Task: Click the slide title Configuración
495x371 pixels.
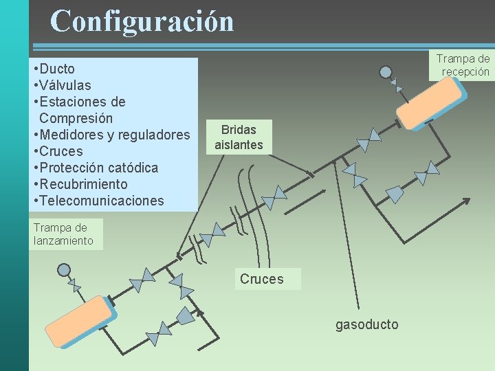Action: coord(142,21)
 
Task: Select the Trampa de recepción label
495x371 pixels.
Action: coord(463,65)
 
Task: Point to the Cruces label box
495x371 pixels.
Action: coord(261,279)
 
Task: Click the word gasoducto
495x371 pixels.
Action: coord(366,324)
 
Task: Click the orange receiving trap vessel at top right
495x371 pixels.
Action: coord(431,103)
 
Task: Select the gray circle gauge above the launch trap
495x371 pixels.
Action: coord(63,270)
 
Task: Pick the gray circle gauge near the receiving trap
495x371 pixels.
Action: coord(386,72)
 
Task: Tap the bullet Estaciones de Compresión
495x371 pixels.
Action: coord(79,110)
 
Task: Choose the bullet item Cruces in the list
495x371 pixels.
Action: coord(61,151)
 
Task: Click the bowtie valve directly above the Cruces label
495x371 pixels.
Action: coord(274,197)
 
